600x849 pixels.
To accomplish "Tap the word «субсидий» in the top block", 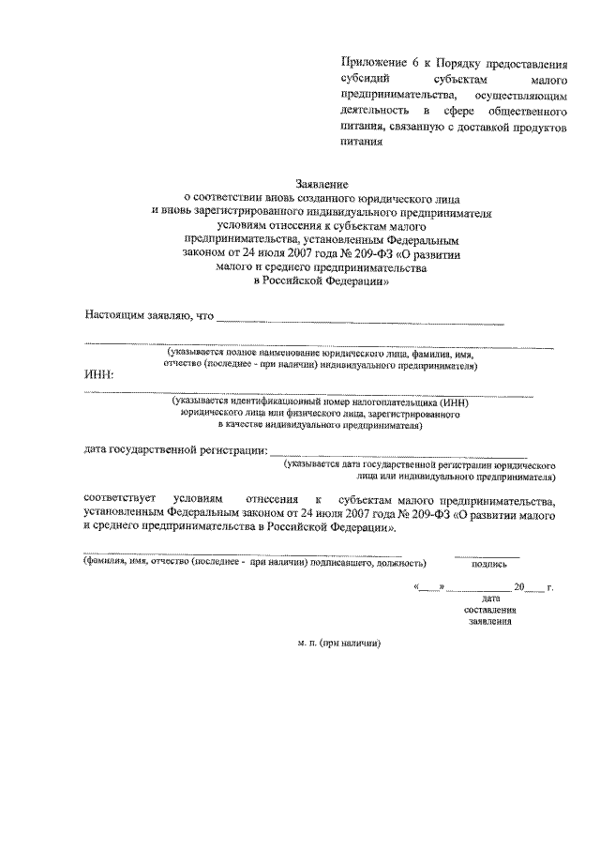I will (x=366, y=81).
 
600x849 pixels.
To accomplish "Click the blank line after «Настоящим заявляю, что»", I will (x=360, y=321).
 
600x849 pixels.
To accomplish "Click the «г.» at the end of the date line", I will (x=549, y=587).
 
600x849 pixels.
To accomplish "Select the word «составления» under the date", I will (x=489, y=609).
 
